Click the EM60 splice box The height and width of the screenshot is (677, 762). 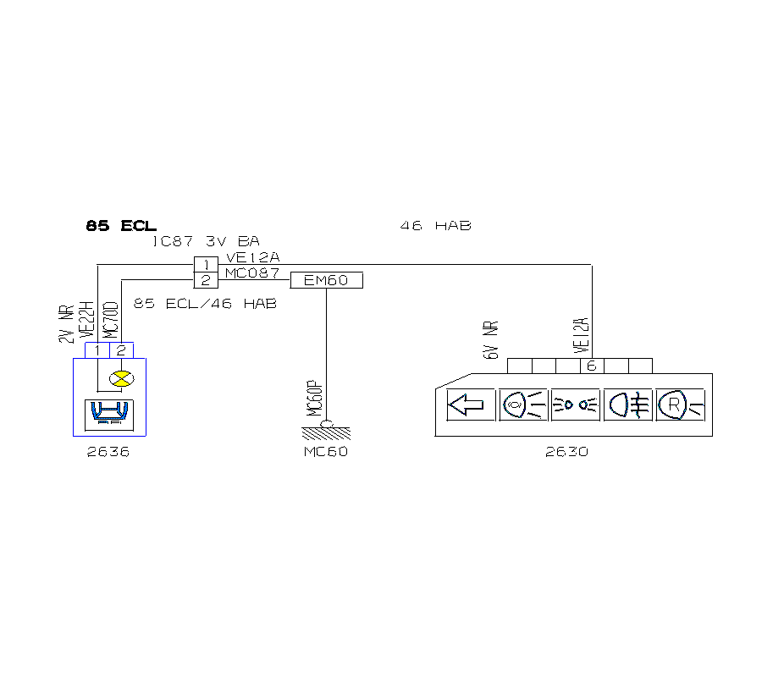tap(326, 280)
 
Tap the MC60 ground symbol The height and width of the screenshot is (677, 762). tap(326, 429)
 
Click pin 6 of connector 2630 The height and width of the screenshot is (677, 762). tap(591, 366)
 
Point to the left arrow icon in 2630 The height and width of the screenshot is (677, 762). tap(470, 405)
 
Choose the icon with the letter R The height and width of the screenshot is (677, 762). tap(679, 405)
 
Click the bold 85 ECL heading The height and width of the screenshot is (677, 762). tap(121, 226)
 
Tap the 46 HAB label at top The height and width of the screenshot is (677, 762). tap(435, 226)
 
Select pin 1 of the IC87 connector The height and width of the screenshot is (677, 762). tap(207, 265)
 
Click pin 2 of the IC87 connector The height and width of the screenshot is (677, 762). tap(207, 280)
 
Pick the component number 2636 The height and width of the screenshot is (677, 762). tap(108, 452)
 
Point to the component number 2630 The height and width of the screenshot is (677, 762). tap(566, 452)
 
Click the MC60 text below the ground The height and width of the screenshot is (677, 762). tap(326, 452)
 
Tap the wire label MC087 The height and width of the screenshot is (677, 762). tap(251, 273)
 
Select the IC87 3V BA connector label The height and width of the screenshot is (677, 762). tap(206, 241)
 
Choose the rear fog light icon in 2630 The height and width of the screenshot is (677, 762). tap(627, 405)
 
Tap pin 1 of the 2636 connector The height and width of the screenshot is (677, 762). tap(99, 350)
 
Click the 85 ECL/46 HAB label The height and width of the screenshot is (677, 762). tap(205, 303)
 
